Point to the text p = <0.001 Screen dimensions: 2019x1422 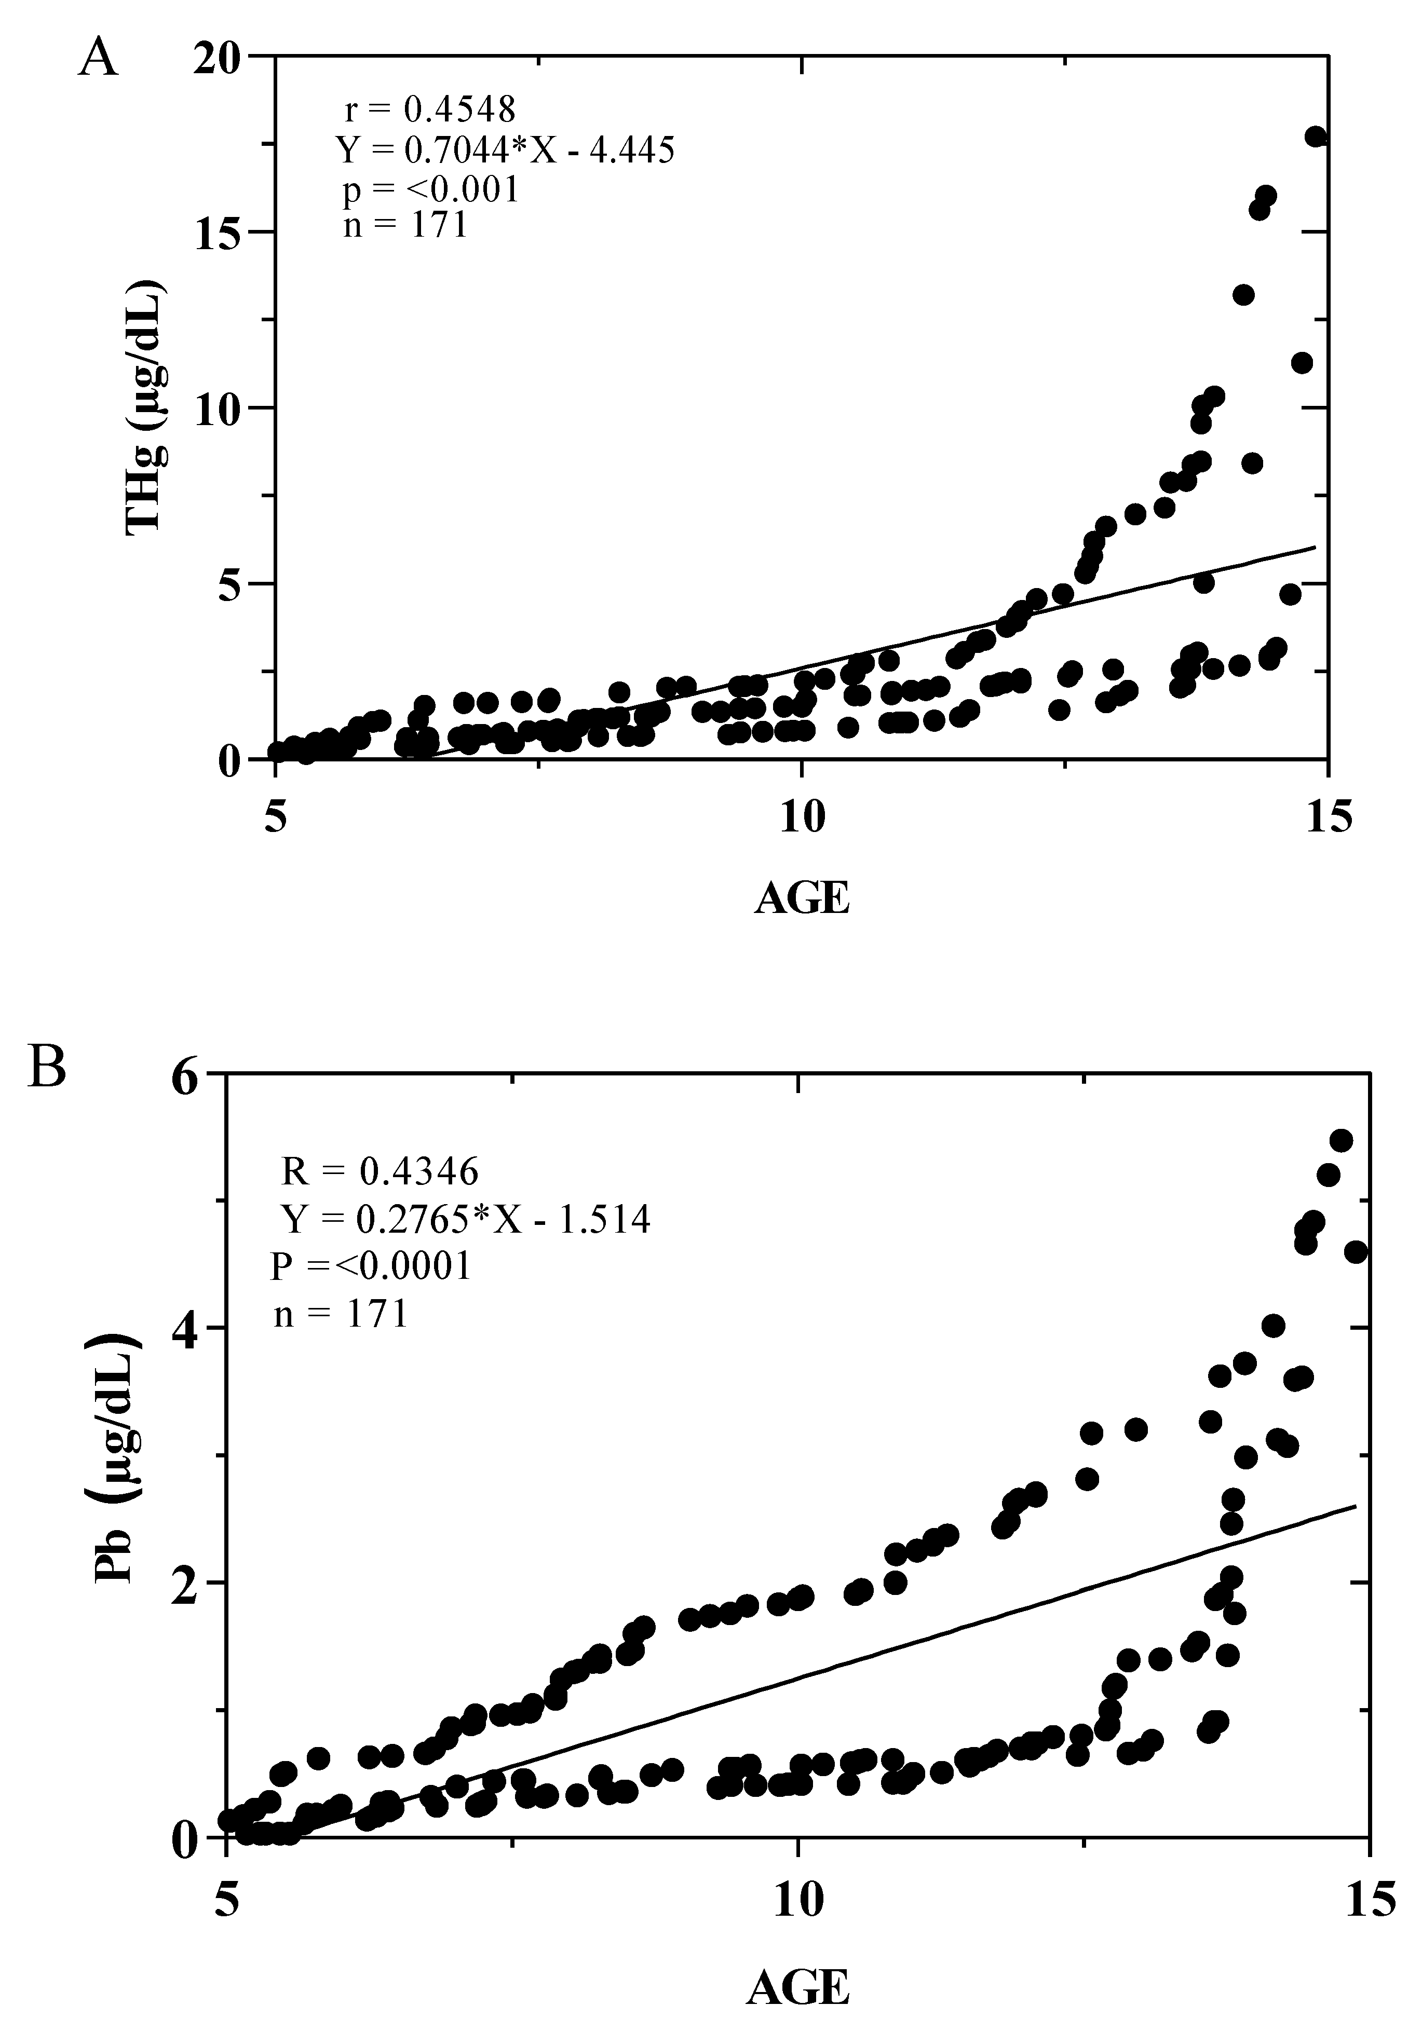(431, 189)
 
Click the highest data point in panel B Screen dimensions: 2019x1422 (1341, 1140)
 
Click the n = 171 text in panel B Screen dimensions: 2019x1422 (341, 1314)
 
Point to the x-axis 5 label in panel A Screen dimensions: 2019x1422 (275, 818)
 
